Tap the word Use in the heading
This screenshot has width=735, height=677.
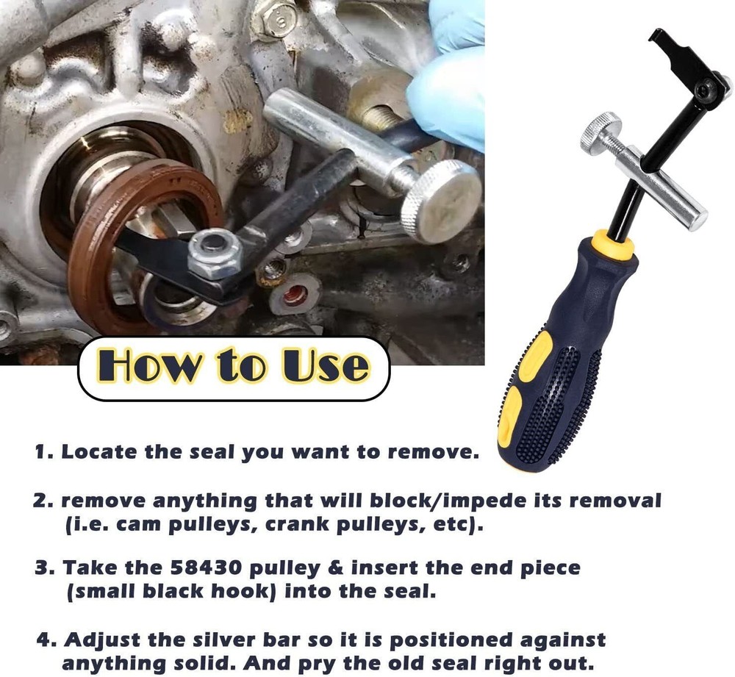(x=323, y=366)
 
